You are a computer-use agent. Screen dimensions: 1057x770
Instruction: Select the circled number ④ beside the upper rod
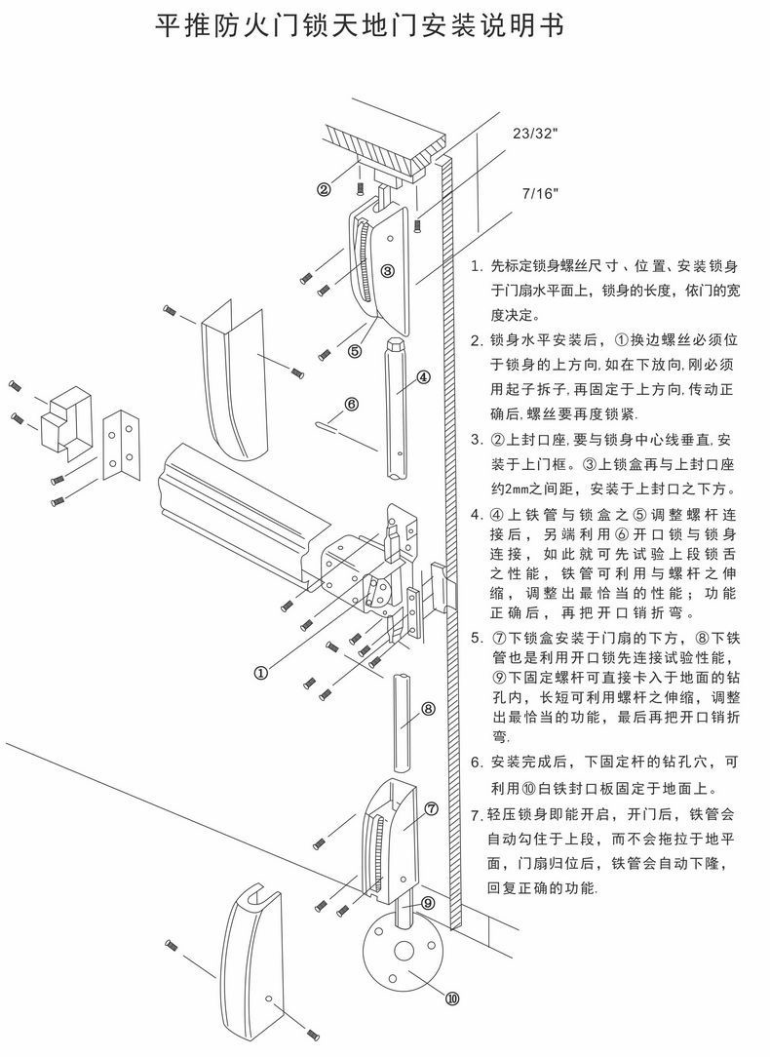coord(423,376)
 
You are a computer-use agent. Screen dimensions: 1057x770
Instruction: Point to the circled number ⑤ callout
coord(355,349)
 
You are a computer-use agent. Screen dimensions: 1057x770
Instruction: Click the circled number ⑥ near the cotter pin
coord(351,403)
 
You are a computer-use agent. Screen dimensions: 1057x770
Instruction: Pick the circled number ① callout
coord(261,671)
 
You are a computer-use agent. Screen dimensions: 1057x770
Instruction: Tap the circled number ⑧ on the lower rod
coord(428,710)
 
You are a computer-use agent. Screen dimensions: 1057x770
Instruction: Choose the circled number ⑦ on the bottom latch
coord(432,808)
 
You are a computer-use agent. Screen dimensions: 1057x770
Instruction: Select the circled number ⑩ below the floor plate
coord(452,998)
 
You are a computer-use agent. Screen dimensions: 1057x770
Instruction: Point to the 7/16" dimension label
coord(540,193)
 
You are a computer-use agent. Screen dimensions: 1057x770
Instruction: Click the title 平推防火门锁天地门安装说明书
coord(361,26)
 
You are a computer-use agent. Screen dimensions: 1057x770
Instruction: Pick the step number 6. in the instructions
coord(476,763)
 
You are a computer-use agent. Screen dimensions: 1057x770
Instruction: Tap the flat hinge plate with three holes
coord(120,447)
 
